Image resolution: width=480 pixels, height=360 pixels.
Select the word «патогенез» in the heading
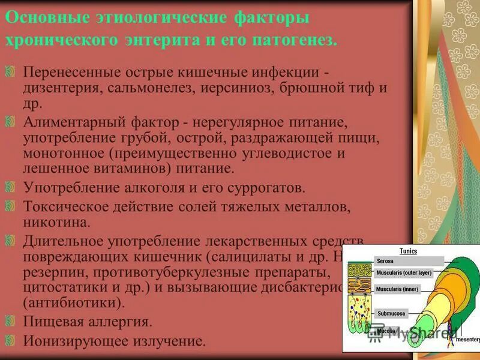pos(293,40)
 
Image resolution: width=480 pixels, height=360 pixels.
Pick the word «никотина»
pos(56,223)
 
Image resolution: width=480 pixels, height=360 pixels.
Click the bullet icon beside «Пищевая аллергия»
pos(11,320)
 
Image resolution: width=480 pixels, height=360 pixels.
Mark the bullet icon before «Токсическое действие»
pos(11,206)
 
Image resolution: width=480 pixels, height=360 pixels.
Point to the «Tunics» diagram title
pos(408,251)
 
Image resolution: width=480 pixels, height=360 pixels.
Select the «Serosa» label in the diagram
pos(385,261)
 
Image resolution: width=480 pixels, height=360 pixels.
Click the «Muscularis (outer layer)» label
pos(403,273)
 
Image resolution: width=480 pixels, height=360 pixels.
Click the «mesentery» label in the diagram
pos(467,339)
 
